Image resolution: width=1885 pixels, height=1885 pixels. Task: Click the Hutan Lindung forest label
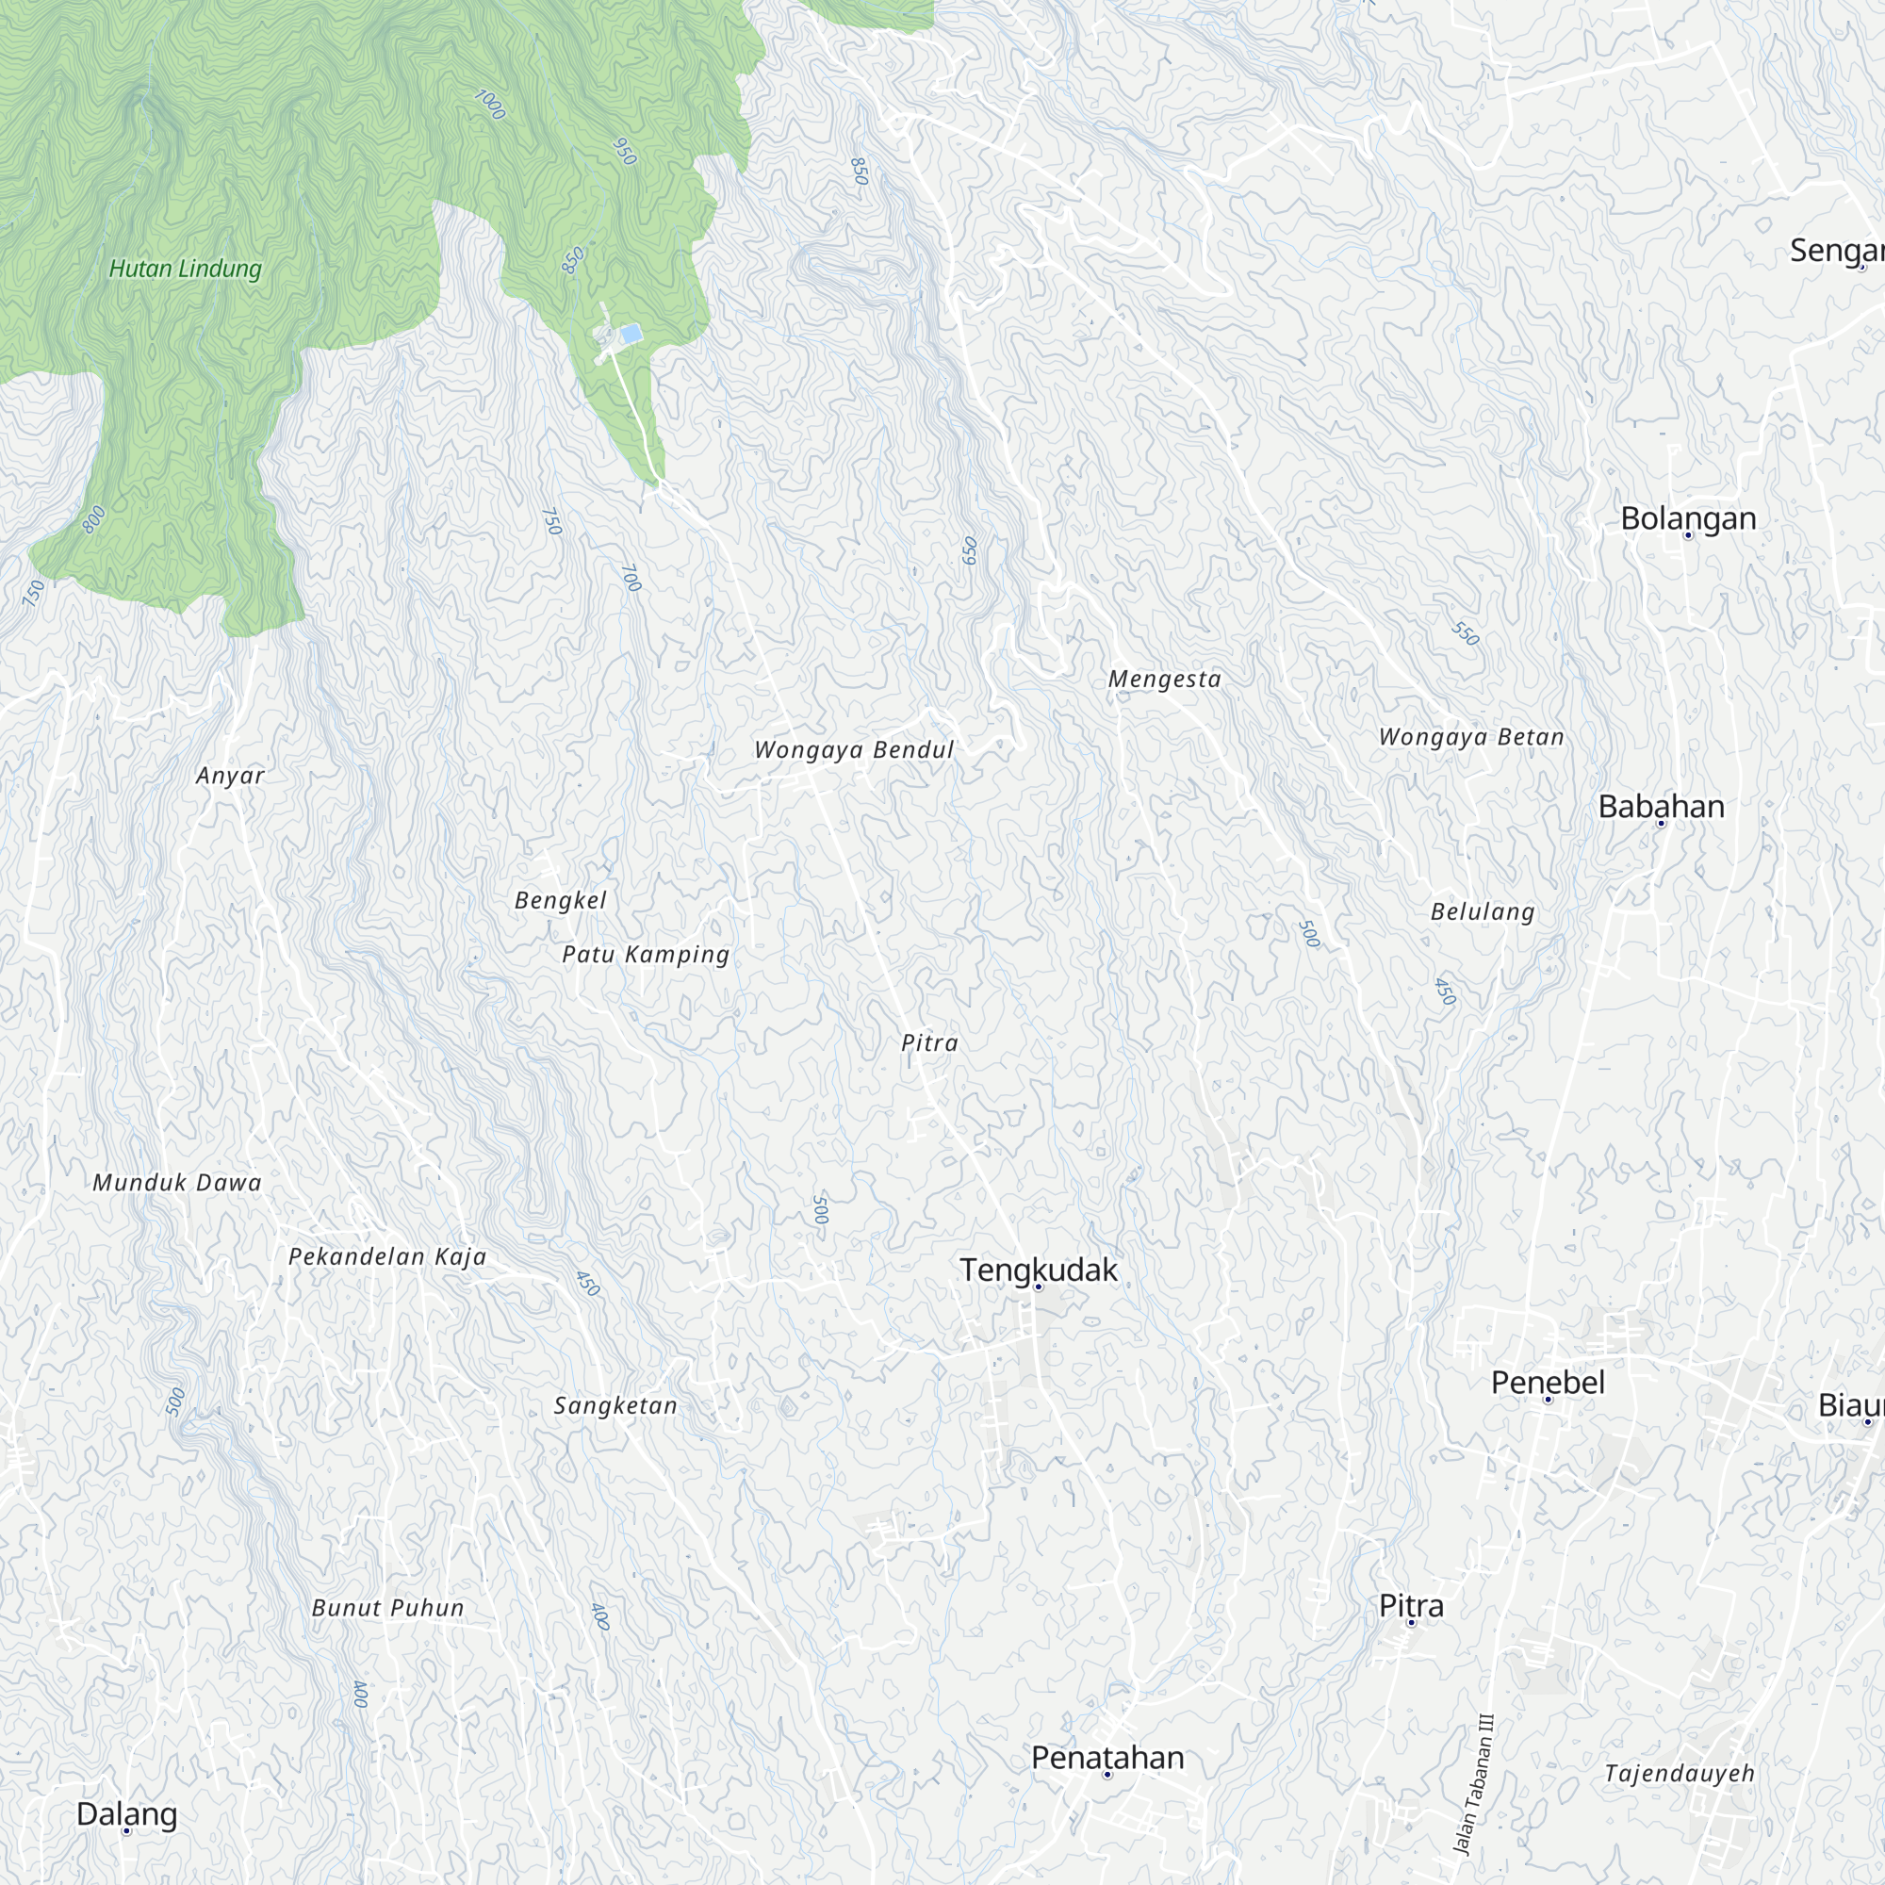(x=186, y=269)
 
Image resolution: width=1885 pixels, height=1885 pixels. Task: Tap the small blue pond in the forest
(x=631, y=335)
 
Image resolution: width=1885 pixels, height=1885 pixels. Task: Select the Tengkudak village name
(x=1038, y=1270)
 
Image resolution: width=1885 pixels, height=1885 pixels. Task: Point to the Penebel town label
(x=1548, y=1383)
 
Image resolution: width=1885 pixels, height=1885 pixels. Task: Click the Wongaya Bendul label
(x=854, y=750)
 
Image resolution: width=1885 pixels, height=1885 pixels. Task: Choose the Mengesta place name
(x=1165, y=679)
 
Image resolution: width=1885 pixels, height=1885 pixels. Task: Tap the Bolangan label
(x=1688, y=518)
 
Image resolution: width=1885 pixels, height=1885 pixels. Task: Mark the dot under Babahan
(x=1662, y=824)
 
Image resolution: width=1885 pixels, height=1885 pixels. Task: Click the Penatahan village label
(x=1107, y=1757)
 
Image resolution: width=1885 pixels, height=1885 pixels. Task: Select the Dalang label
(x=127, y=1813)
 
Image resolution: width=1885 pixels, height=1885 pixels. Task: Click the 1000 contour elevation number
(x=490, y=105)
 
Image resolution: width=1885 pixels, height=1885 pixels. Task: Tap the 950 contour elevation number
(x=625, y=151)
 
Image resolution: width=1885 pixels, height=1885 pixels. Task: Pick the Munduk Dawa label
(x=177, y=1184)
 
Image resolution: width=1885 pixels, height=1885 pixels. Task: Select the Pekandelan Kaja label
(x=387, y=1256)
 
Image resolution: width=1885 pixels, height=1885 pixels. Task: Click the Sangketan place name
(x=615, y=1406)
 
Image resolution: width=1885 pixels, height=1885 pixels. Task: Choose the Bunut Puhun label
(x=387, y=1608)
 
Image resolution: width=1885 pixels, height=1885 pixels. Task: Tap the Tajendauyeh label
(x=1680, y=1773)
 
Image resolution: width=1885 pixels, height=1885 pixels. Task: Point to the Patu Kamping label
(x=646, y=954)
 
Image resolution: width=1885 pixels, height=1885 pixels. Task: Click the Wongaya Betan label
(x=1471, y=738)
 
